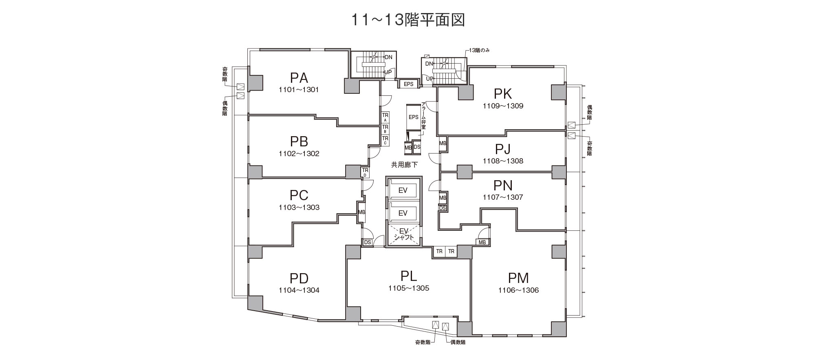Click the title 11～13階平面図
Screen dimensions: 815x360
pyautogui.click(x=408, y=20)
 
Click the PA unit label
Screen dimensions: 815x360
pyautogui.click(x=299, y=77)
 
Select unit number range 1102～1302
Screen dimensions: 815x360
pyautogui.click(x=299, y=154)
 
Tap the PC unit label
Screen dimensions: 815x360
pyautogui.click(x=299, y=195)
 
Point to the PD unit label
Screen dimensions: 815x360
pyautogui.click(x=299, y=278)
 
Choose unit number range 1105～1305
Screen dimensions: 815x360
pyautogui.click(x=409, y=288)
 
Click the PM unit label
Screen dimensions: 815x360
pyautogui.click(x=518, y=278)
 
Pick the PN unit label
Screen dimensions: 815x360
pyautogui.click(x=503, y=186)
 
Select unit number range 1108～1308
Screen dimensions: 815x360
pyautogui.click(x=503, y=161)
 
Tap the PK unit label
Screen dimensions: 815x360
pyautogui.click(x=503, y=94)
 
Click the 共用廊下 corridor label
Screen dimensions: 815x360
pyautogui.click(x=404, y=165)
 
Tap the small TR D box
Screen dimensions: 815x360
pyautogui.click(x=365, y=172)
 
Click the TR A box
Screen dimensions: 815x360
pyautogui.click(x=385, y=117)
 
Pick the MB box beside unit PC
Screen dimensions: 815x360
pyautogui.click(x=361, y=212)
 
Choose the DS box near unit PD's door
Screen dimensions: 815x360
pyautogui.click(x=368, y=242)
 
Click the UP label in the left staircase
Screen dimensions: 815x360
pyautogui.click(x=388, y=72)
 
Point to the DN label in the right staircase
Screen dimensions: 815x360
pyautogui.click(x=429, y=64)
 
